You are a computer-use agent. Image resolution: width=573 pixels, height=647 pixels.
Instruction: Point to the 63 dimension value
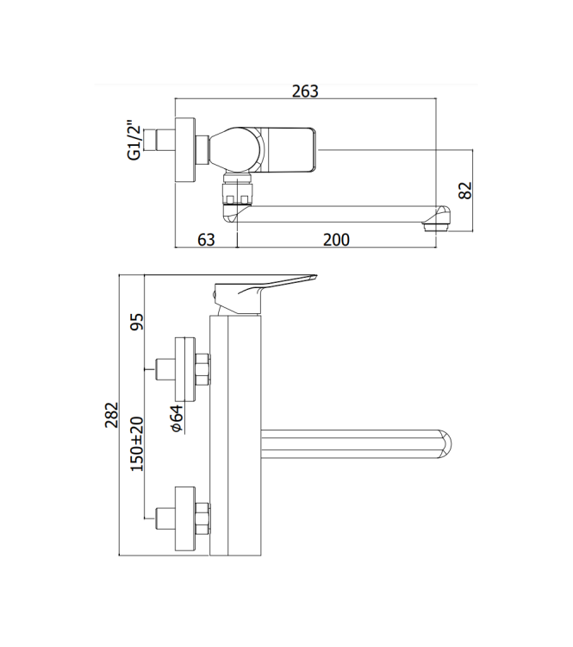point(205,240)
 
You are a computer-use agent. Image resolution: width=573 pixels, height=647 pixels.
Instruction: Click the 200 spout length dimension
point(336,240)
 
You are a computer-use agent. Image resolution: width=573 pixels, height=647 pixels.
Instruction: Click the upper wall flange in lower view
point(184,371)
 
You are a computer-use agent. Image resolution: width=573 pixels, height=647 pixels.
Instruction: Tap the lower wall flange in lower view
point(184,519)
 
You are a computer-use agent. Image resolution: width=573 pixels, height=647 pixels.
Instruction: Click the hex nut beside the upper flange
point(203,371)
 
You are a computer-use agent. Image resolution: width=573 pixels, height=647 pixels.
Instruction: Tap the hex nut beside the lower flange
point(203,519)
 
